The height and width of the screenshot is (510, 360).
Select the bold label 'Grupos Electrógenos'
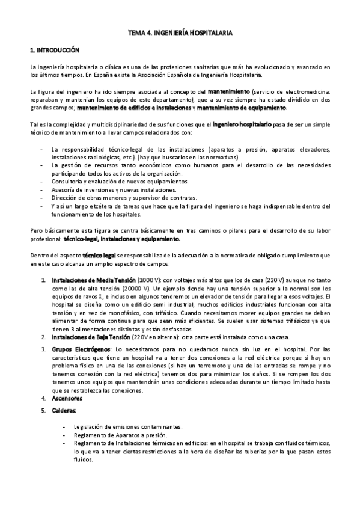point(78,349)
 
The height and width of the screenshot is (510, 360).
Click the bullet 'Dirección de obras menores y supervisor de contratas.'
point(124,198)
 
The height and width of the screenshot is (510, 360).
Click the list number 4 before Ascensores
point(43,399)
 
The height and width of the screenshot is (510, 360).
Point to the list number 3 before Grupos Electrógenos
point(43,349)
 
